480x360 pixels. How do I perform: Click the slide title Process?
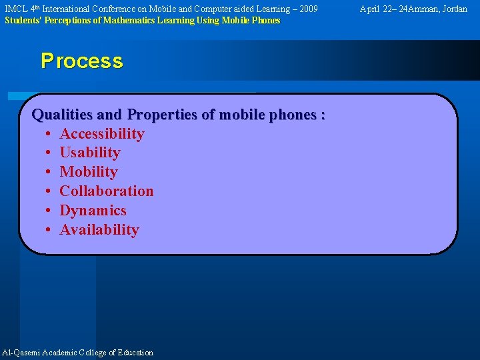81,61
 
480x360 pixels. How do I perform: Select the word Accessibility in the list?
102,134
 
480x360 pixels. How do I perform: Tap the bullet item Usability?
90,153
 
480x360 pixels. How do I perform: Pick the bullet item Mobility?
89,172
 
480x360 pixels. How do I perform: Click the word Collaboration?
107,191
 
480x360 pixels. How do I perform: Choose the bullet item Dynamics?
93,211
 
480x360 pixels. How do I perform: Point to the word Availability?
99,230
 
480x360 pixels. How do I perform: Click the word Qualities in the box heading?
59,115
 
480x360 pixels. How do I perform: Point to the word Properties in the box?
162,115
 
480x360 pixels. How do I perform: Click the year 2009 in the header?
308,9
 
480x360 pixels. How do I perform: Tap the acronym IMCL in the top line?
15,9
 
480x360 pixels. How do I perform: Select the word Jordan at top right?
454,9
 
